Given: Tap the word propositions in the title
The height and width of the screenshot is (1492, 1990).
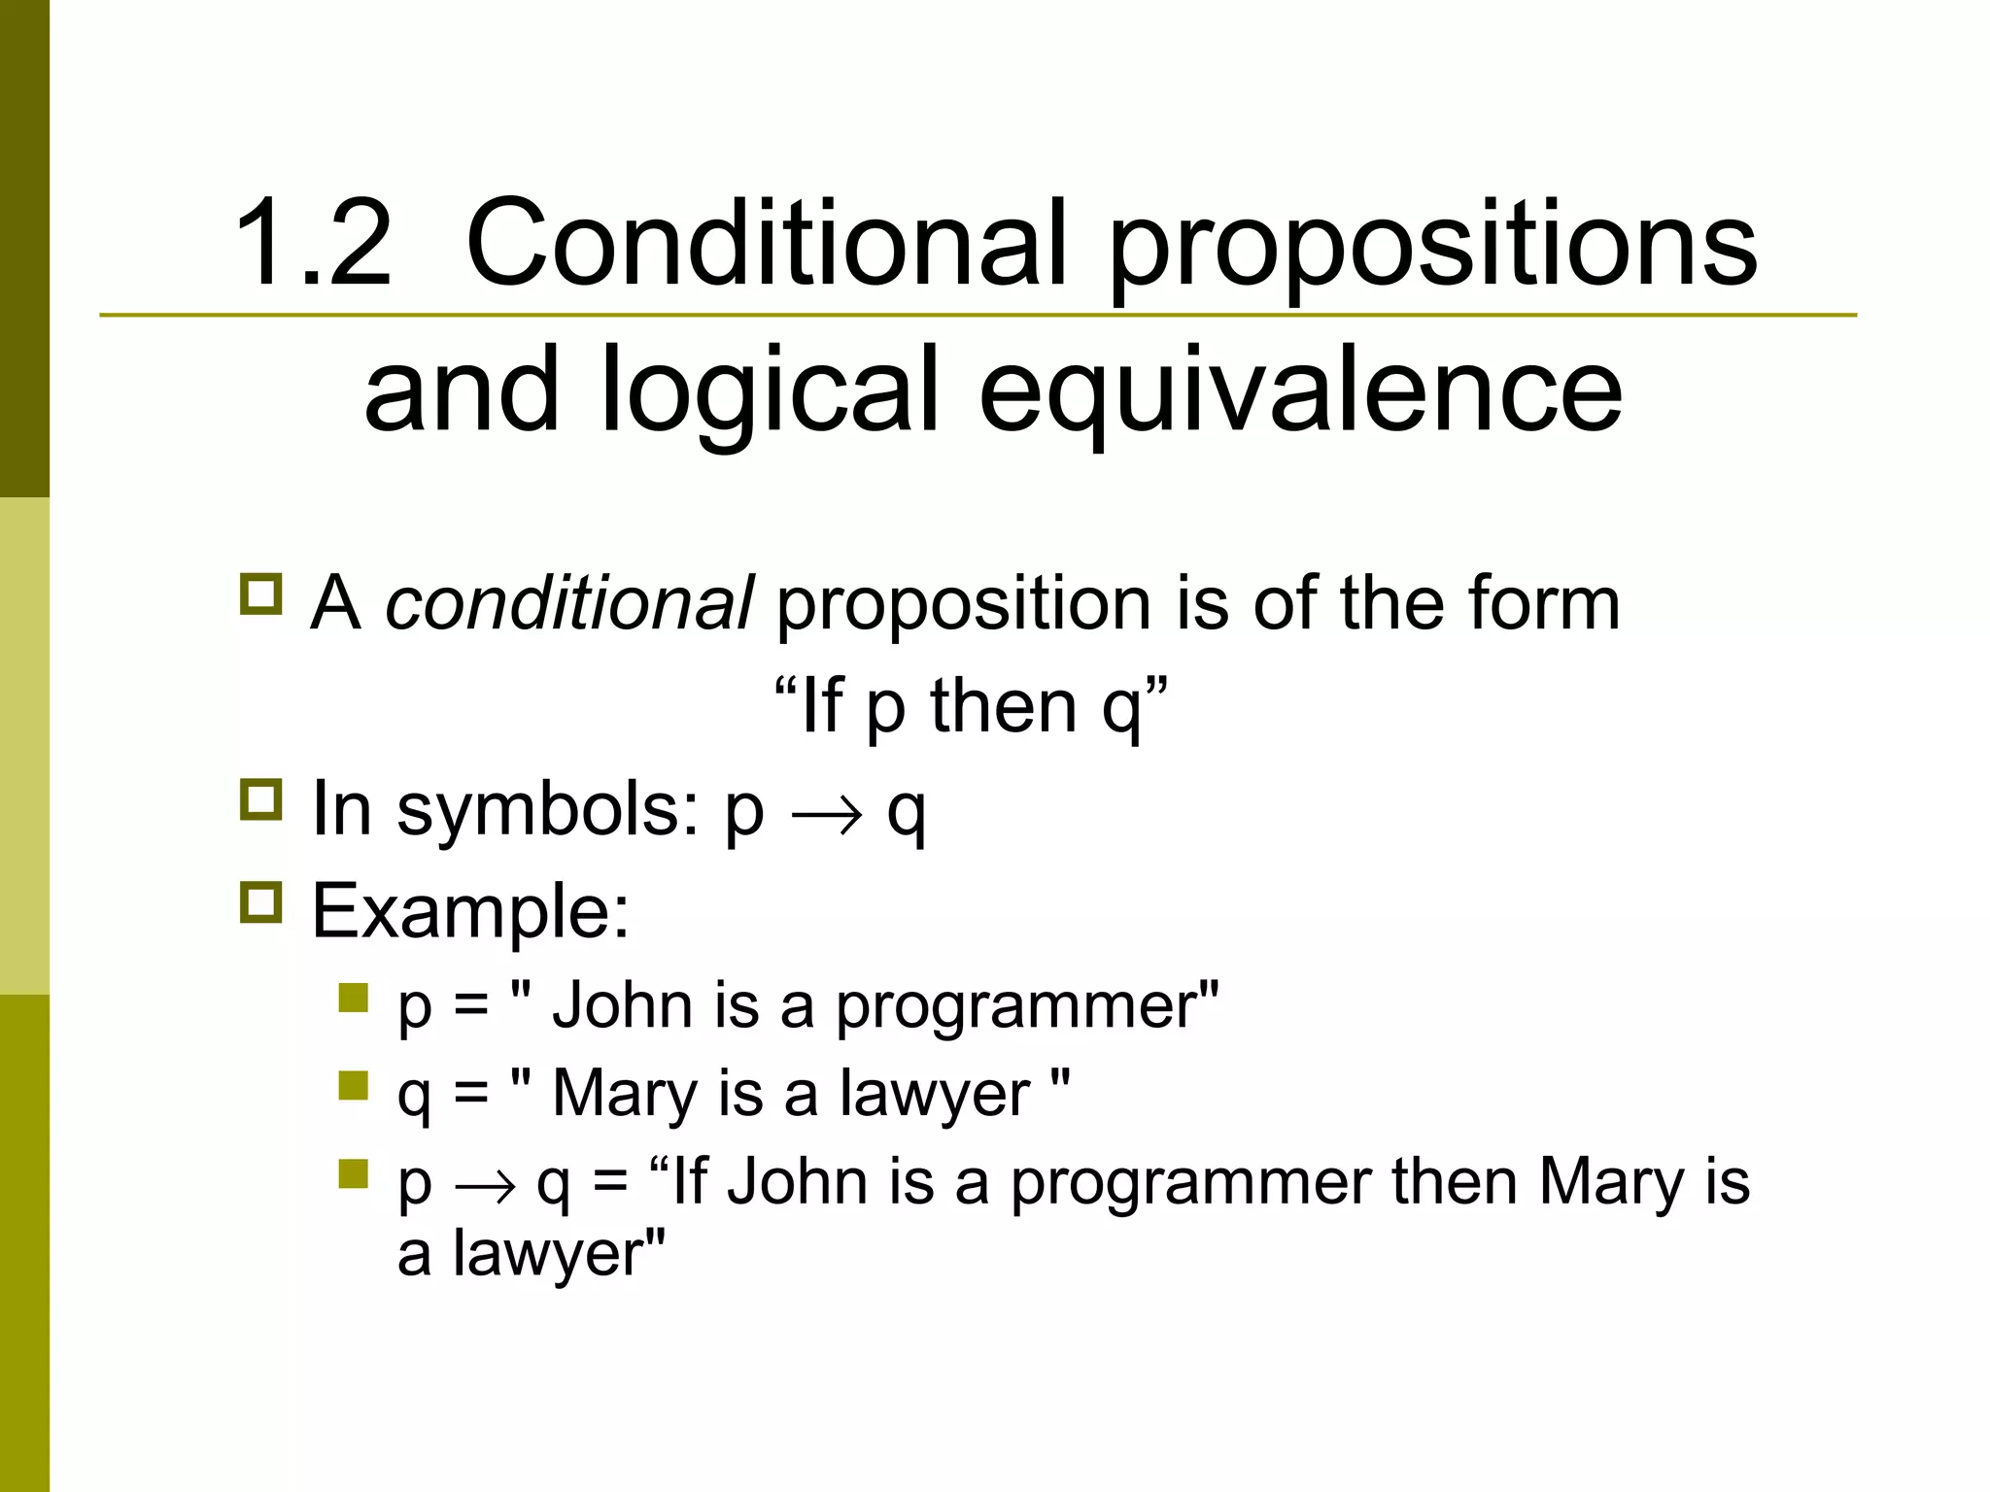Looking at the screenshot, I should point(1432,248).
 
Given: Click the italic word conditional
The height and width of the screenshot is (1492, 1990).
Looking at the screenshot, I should point(568,603).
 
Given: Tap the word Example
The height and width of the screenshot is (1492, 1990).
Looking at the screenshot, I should point(470,912).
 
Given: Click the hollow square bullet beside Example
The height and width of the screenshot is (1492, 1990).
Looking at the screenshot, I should point(260,901).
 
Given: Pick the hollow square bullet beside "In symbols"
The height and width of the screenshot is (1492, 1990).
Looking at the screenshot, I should point(260,798).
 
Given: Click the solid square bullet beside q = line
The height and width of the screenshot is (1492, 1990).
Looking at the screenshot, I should point(354,1085).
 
